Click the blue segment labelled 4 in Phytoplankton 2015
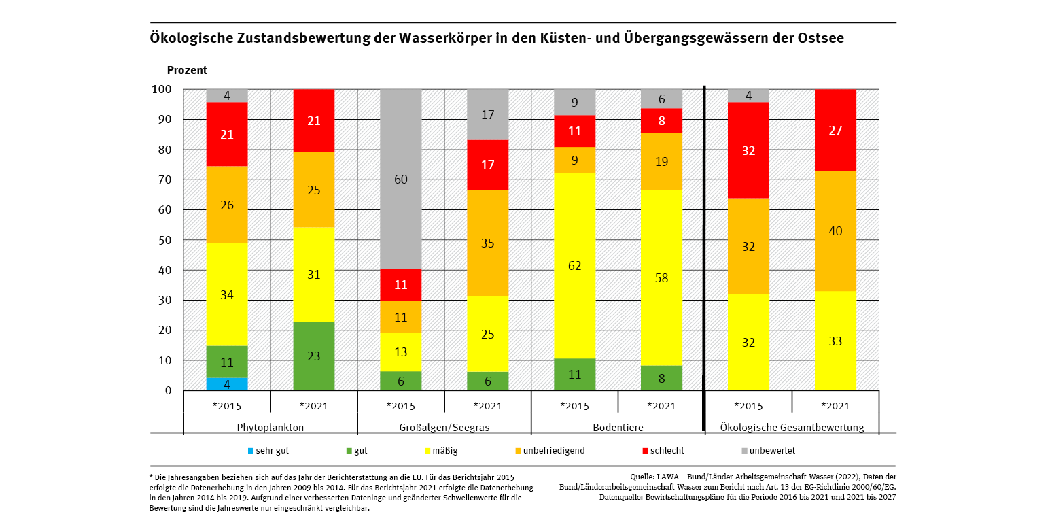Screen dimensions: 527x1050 (x=227, y=384)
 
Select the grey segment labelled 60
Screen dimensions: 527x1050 (x=401, y=180)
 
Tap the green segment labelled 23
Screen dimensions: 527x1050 (x=314, y=356)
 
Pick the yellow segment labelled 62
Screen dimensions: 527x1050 (x=575, y=265)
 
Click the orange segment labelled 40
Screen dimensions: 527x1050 (x=835, y=231)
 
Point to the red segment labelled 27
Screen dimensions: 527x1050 (x=835, y=130)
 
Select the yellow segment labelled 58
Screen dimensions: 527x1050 (x=662, y=277)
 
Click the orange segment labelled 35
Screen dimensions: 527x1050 (x=488, y=243)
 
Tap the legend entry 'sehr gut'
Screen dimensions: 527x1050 (x=270, y=450)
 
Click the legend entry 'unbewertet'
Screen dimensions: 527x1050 (x=771, y=450)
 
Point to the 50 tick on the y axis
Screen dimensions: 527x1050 (x=165, y=240)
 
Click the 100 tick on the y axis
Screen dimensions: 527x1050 (x=162, y=90)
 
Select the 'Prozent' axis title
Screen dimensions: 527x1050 (x=187, y=70)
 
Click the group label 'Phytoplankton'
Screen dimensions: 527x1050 (x=270, y=428)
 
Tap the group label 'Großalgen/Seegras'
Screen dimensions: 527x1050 (x=444, y=428)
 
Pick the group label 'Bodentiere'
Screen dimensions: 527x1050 (x=618, y=428)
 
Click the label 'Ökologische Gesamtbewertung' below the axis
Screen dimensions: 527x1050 (x=792, y=428)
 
